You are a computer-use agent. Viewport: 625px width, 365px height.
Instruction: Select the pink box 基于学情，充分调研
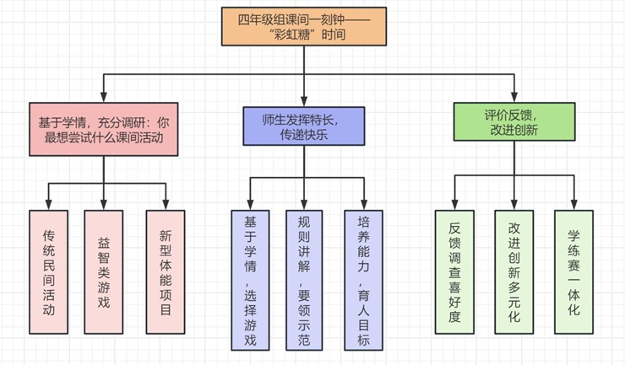104,128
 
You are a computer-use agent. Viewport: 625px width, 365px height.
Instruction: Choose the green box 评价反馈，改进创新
513,121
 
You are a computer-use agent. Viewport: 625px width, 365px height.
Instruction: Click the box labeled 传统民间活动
47,271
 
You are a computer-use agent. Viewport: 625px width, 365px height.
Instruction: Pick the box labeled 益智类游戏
103,271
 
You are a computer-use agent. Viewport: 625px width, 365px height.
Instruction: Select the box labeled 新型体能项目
164,271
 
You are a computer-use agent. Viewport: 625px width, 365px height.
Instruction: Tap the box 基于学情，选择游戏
250,279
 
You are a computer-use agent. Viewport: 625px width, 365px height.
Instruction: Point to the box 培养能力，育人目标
364,279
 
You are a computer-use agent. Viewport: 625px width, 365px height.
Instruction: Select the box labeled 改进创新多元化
514,271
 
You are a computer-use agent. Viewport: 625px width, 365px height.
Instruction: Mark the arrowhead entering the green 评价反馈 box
513,96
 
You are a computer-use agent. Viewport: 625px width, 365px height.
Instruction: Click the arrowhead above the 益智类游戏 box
103,203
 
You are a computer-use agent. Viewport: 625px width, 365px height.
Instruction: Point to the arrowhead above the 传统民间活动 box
47,203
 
